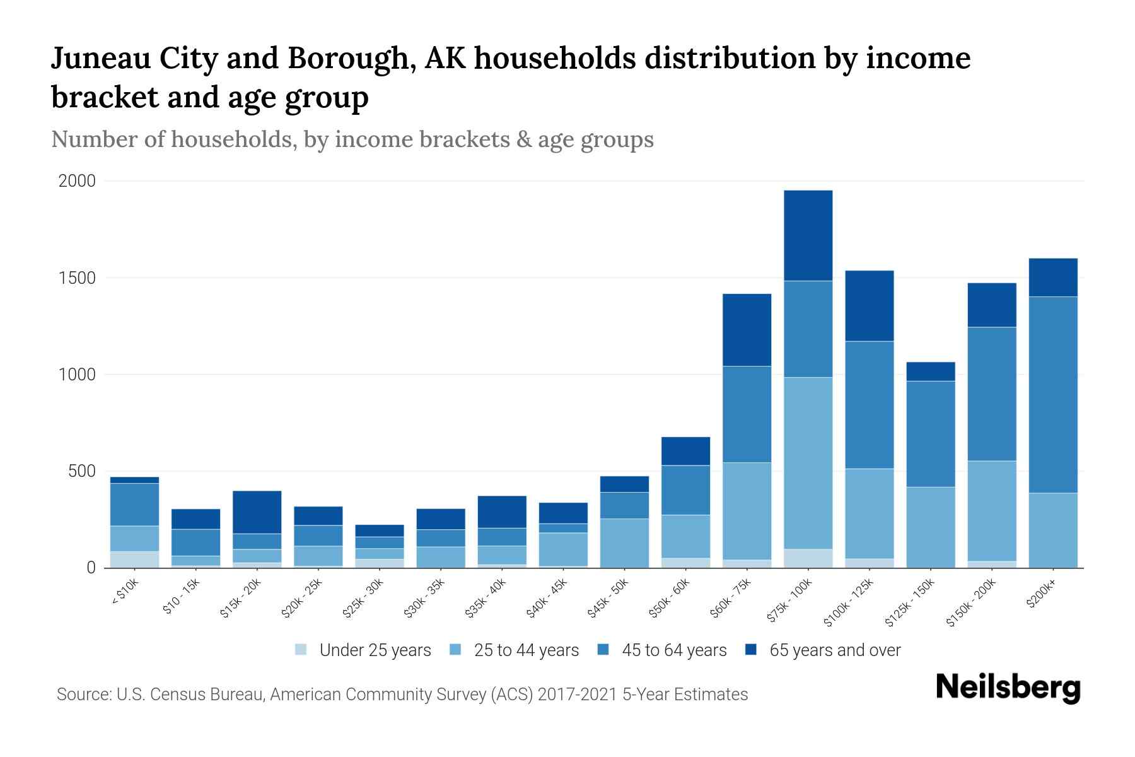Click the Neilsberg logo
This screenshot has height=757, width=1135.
(x=1008, y=688)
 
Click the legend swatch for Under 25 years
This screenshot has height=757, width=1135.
(x=301, y=650)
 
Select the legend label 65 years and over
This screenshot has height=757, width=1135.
(x=835, y=650)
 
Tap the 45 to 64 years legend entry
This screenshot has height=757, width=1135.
(x=674, y=650)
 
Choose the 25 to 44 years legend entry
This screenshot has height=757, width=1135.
(x=526, y=650)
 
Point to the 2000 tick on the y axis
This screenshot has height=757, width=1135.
(x=77, y=182)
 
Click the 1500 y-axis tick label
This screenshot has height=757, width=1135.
(x=77, y=278)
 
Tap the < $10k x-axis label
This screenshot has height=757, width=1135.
(x=125, y=594)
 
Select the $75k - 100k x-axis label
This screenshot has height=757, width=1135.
(x=791, y=602)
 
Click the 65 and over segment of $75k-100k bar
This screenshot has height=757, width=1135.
(x=808, y=235)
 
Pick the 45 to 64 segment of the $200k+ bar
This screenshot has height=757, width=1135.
(x=1052, y=394)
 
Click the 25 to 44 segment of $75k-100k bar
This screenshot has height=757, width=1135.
(x=808, y=463)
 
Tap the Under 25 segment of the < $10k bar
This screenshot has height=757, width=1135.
(x=134, y=560)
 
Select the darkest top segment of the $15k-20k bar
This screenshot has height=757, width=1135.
(x=257, y=512)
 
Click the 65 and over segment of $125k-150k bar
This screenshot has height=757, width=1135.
(x=930, y=372)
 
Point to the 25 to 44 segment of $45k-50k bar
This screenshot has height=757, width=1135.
(x=624, y=543)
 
